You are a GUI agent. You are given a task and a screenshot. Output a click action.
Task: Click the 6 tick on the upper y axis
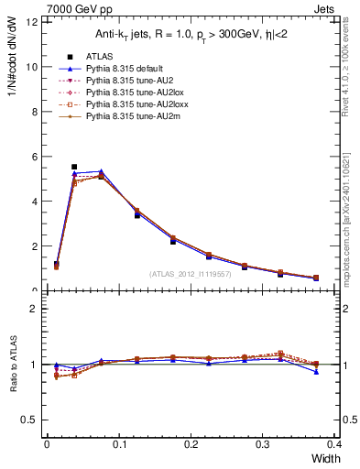point(35,157)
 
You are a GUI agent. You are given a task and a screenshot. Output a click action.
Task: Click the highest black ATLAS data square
point(74,167)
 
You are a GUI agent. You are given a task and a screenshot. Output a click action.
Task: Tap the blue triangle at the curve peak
point(101,171)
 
